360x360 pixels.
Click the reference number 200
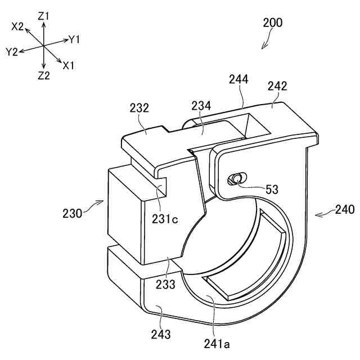(x=273, y=23)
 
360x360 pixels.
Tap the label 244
(x=238, y=79)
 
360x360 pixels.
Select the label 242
(x=277, y=86)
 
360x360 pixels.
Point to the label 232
(x=139, y=107)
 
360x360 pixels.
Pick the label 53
(x=272, y=190)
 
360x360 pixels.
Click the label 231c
(x=165, y=219)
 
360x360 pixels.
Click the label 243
(x=160, y=335)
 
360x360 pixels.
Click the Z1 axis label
(x=43, y=16)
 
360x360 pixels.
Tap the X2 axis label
(x=18, y=26)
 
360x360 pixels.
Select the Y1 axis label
(x=74, y=39)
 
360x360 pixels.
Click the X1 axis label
(x=69, y=65)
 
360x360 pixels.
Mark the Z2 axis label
(x=44, y=75)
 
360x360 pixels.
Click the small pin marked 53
(x=234, y=179)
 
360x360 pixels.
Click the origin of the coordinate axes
(x=44, y=46)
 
